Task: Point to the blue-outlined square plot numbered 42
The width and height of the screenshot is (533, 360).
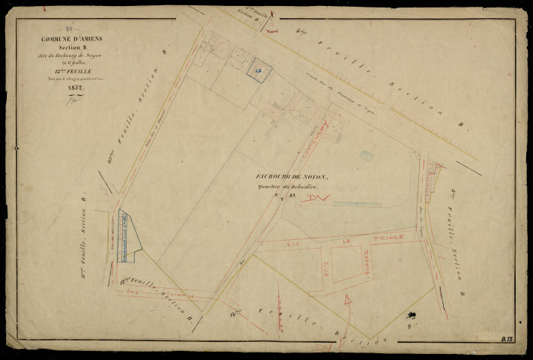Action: point(259,68)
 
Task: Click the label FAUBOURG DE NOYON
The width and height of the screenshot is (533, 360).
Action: point(291,176)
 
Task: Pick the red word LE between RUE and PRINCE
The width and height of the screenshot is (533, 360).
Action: point(346,241)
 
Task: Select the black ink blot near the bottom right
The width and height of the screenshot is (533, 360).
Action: point(412,313)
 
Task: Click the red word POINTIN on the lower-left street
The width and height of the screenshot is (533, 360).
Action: point(180,295)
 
